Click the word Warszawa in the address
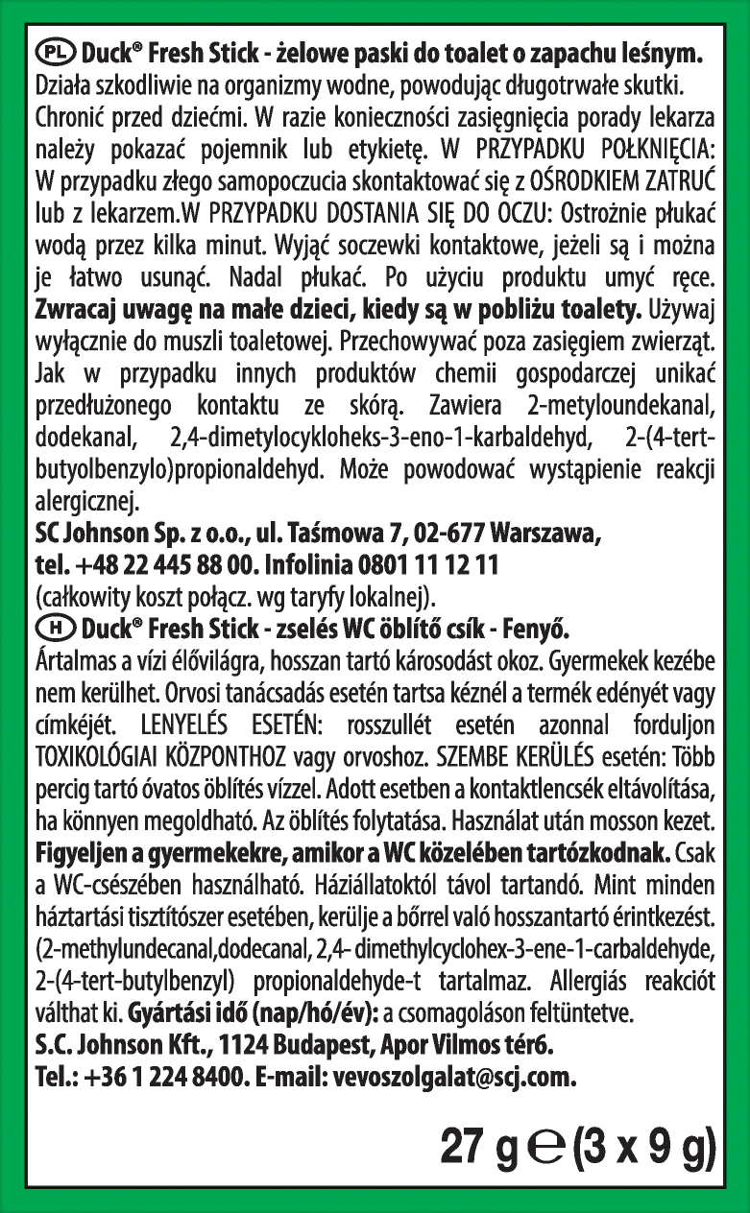point(534,531)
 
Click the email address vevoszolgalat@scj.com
point(454,1077)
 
